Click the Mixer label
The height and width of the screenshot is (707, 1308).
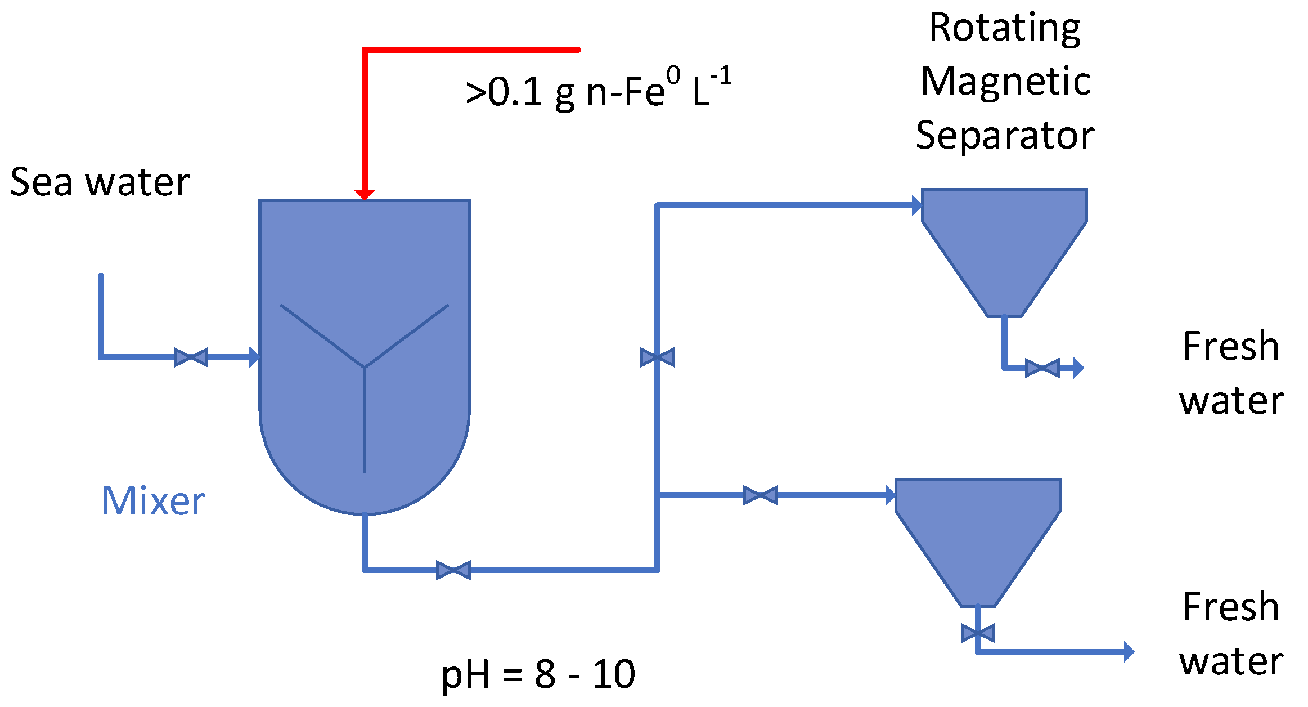[x=153, y=501]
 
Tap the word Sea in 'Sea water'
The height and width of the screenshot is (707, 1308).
[x=41, y=182]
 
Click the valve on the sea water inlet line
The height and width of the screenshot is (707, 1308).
[x=191, y=357]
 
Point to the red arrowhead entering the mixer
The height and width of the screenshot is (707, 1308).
[x=365, y=194]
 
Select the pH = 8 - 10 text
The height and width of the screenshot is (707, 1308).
[x=538, y=674]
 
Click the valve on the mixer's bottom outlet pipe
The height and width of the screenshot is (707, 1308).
[x=453, y=570]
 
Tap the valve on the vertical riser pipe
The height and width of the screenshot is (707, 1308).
[x=657, y=357]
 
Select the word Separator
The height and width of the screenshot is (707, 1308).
[x=1005, y=136]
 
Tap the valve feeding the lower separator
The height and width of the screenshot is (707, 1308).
[x=761, y=495]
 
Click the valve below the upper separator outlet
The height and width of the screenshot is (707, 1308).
[x=1042, y=368]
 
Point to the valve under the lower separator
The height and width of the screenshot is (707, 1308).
[x=978, y=633]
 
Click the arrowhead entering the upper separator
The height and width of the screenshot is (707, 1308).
[x=916, y=205]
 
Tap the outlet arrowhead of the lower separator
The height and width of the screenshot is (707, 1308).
[x=1129, y=652]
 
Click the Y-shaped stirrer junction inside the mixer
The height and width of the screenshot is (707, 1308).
[x=365, y=368]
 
